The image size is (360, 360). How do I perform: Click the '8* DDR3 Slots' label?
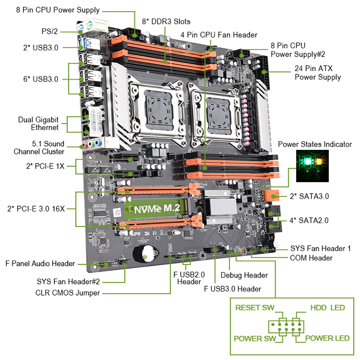coord(166,21)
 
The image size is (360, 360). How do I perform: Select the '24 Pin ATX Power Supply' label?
coord(317,73)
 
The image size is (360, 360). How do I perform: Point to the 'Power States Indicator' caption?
coord(315,144)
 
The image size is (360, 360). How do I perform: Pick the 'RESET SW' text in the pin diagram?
coord(255,308)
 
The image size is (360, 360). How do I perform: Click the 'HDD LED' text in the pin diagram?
coord(328,308)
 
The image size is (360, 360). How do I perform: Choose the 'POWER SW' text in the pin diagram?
coord(255,338)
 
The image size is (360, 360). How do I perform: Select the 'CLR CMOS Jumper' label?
coord(67,293)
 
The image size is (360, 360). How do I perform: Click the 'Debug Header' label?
coord(244,275)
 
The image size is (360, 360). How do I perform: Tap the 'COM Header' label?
coord(311,258)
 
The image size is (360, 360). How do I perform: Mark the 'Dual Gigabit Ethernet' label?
coord(38,123)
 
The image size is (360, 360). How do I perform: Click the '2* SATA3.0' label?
coord(309,196)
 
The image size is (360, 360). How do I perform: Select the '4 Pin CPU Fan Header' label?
coord(219,35)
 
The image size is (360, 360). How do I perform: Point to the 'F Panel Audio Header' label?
coord(40,263)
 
